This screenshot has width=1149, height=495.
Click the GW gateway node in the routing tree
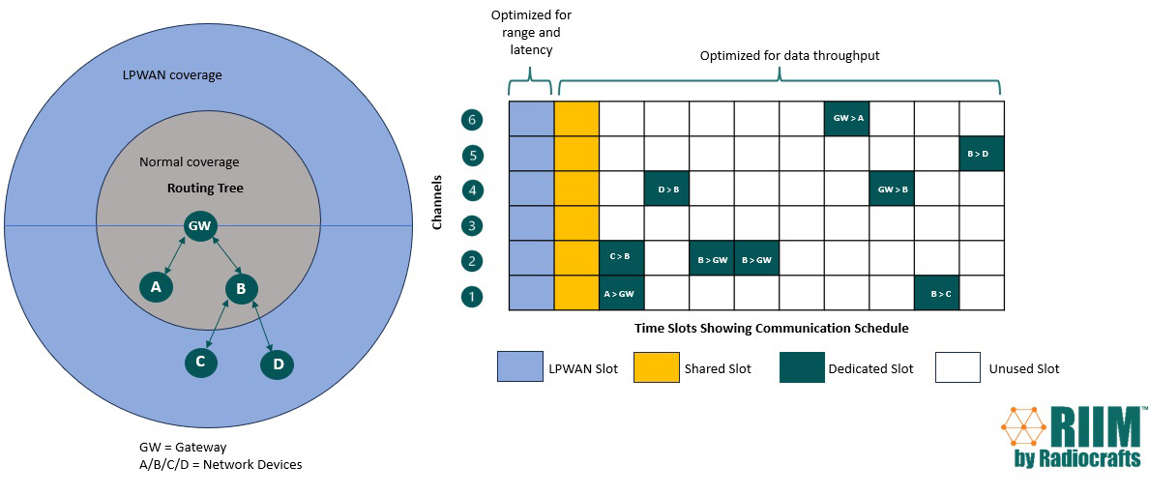(x=199, y=226)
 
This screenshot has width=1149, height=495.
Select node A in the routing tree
(x=156, y=286)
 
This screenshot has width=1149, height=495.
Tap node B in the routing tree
(x=242, y=287)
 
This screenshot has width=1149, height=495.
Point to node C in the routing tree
(x=201, y=362)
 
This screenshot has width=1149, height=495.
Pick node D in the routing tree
(x=278, y=364)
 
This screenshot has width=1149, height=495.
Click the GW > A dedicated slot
(x=846, y=119)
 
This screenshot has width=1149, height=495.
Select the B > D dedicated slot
(x=981, y=154)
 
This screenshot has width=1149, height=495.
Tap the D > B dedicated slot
(x=666, y=189)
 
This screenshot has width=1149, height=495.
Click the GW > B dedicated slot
(x=891, y=189)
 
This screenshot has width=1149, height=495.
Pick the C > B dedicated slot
(x=621, y=257)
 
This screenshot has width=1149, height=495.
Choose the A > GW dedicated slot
(x=621, y=292)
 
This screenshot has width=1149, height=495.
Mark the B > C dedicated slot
(x=936, y=292)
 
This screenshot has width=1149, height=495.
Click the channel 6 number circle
(x=472, y=120)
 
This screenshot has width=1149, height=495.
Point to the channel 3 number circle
(x=472, y=224)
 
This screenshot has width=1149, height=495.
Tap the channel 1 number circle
(x=472, y=296)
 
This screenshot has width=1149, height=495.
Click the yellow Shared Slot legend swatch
(x=654, y=367)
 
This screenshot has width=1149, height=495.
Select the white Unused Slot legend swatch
(x=957, y=367)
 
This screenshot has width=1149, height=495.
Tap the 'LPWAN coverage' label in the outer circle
(x=172, y=75)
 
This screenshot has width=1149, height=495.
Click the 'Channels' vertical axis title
(x=437, y=203)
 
